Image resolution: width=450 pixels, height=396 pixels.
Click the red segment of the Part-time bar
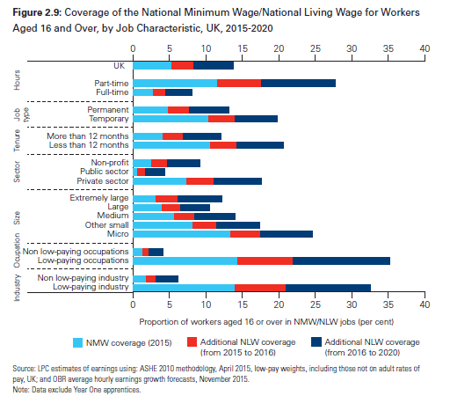pos(239,84)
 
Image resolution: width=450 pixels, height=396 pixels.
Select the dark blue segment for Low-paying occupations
pos(341,261)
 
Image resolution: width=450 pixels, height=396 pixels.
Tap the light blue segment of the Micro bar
pos(182,234)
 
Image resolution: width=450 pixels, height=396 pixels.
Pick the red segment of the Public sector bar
pos(142,172)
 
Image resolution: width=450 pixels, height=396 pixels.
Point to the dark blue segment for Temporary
pos(256,119)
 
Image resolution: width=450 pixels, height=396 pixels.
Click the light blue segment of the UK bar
pos(152,65)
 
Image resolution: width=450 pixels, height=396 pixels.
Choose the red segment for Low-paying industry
pos(260,288)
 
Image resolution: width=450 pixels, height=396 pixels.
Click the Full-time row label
pos(112,92)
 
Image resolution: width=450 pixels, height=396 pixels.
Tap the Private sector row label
pos(103,181)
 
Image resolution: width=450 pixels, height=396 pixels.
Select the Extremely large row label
pos(99,198)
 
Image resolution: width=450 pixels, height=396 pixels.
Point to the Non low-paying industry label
pos(83,278)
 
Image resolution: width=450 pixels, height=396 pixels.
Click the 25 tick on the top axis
pos(316,48)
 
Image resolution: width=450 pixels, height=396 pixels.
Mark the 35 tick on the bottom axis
pos(388,304)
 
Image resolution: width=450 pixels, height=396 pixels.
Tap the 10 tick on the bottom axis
pos(206,304)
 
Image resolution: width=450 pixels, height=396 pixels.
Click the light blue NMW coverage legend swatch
pos(77,342)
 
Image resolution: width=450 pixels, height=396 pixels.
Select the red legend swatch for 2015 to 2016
pos(192,342)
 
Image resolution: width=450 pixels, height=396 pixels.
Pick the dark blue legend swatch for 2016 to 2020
pos(316,342)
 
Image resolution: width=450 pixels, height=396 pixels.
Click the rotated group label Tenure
pos(17,141)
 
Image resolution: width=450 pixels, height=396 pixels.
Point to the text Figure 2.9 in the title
pos(37,12)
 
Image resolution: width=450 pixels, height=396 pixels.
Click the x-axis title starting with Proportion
pos(266,322)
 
